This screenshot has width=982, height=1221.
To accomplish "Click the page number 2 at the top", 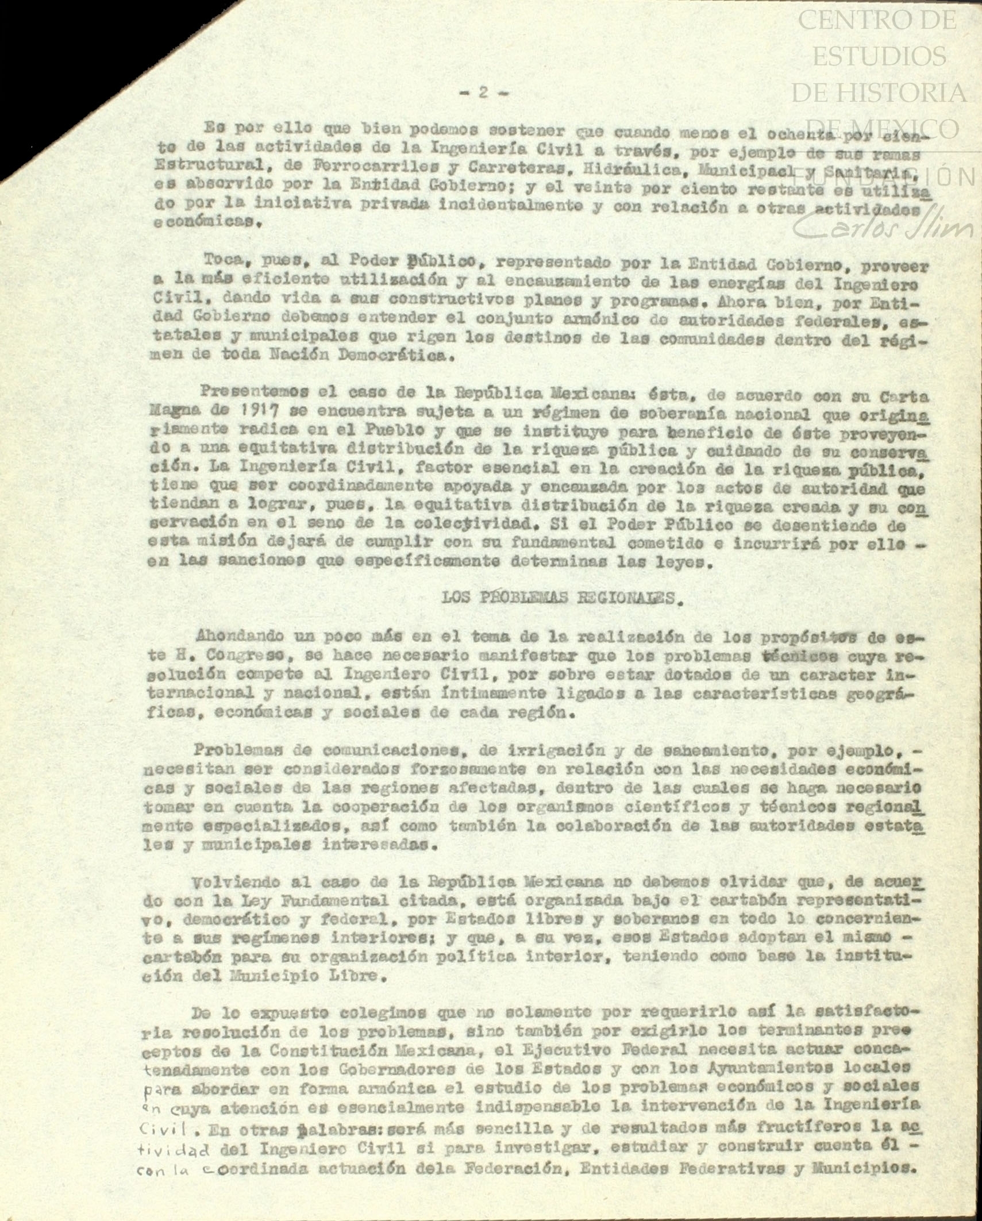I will tap(483, 93).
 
